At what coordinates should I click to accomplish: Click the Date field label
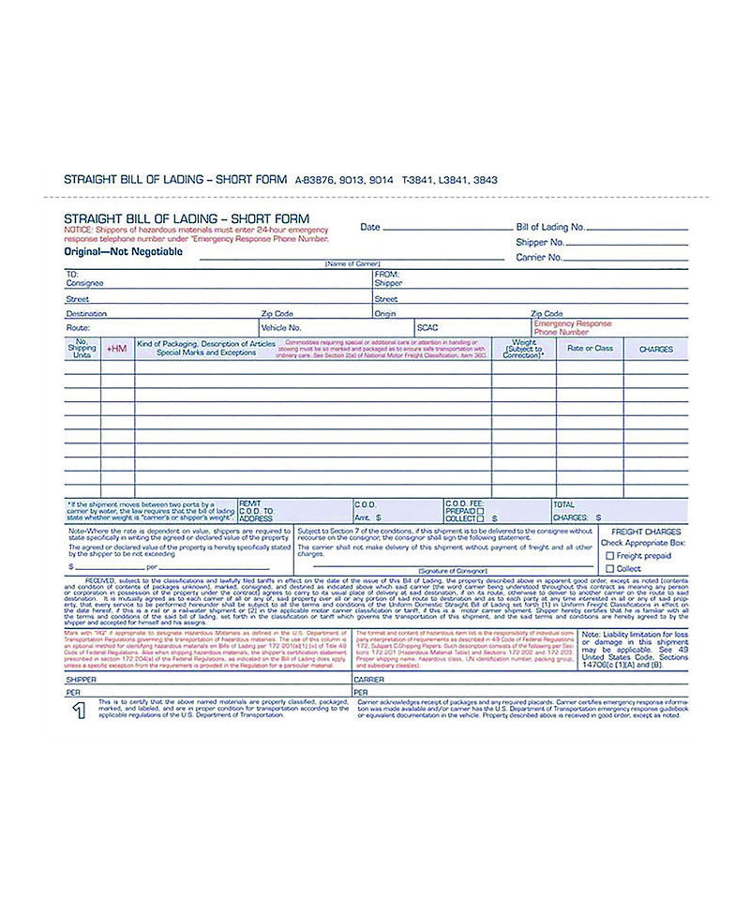tap(370, 227)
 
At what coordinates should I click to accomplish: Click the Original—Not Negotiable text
tap(110, 251)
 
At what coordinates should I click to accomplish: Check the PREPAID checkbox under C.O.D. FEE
tap(481, 511)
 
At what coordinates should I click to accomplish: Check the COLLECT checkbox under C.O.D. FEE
tap(481, 518)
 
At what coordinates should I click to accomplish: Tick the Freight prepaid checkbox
tap(610, 556)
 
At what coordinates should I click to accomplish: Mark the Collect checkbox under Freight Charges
tap(610, 569)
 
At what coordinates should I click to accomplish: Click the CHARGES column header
tap(655, 349)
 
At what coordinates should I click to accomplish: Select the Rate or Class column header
tap(590, 349)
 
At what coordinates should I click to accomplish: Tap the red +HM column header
tap(116, 349)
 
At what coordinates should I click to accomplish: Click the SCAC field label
tap(427, 328)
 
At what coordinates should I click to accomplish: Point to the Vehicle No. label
tap(281, 328)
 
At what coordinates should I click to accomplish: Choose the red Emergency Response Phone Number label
tap(572, 327)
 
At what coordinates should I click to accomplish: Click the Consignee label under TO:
tap(85, 283)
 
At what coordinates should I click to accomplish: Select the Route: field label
tap(78, 328)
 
